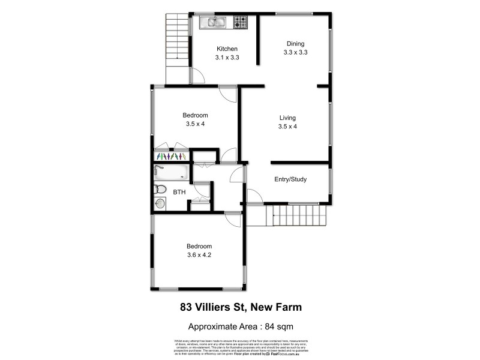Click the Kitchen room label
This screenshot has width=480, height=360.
(x=227, y=49)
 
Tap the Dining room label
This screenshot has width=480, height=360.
(x=295, y=43)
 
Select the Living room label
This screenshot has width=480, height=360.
(x=287, y=118)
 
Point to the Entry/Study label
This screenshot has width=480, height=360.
(x=291, y=179)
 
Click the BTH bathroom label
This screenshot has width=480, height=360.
(x=179, y=192)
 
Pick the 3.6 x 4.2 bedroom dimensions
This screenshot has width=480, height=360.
(x=199, y=254)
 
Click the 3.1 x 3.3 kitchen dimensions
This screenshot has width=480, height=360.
(x=227, y=58)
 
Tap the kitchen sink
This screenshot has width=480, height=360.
(x=212, y=23)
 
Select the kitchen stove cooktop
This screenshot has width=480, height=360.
(x=241, y=23)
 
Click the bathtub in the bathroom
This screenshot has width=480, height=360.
(x=171, y=173)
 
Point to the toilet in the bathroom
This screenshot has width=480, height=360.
(x=159, y=190)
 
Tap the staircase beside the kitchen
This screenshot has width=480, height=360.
(x=177, y=40)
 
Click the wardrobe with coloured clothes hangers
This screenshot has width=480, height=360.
(x=171, y=156)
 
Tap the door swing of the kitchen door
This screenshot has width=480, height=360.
(x=197, y=76)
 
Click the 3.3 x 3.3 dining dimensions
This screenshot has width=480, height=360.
(x=295, y=52)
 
